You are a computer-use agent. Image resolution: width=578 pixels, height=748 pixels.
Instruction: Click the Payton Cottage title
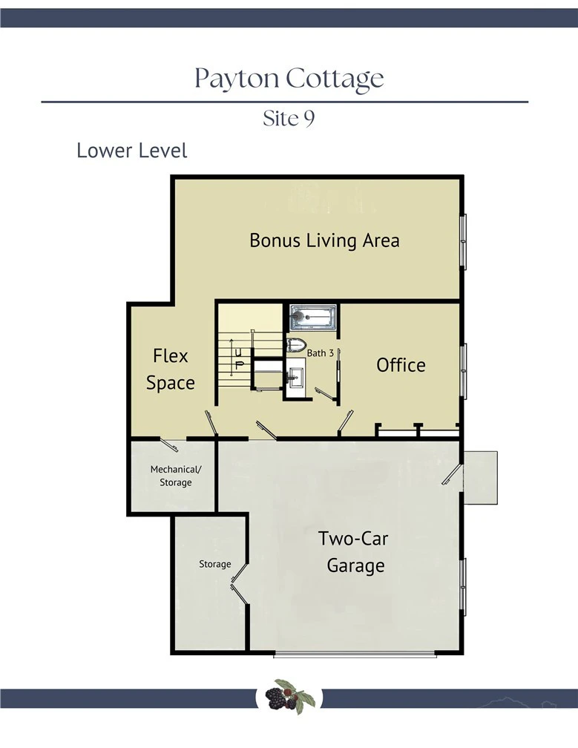(x=289, y=79)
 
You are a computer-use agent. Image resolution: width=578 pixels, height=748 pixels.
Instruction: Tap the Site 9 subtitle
(x=289, y=118)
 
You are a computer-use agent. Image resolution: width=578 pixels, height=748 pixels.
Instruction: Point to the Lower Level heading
(x=131, y=150)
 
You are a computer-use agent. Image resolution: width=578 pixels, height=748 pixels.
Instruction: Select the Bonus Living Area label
(x=324, y=240)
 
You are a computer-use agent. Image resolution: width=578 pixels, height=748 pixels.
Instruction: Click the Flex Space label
(x=170, y=370)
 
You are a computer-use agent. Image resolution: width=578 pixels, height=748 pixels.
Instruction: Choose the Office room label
(x=401, y=365)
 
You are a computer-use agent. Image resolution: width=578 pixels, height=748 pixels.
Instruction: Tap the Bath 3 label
(x=320, y=353)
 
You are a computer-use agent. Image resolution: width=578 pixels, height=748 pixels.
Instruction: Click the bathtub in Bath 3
(x=313, y=317)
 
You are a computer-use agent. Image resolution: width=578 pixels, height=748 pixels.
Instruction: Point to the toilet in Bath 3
(x=296, y=345)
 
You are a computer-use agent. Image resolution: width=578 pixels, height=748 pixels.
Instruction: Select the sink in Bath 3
(x=295, y=377)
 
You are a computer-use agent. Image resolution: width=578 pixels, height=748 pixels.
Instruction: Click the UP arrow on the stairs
(x=231, y=358)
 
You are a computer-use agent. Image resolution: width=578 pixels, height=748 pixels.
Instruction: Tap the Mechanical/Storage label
(x=176, y=476)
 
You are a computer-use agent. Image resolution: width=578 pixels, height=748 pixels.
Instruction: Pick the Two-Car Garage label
(x=353, y=552)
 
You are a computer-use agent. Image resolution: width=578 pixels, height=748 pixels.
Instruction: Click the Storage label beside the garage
(x=214, y=564)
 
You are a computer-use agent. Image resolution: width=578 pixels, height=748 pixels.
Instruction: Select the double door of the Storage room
(x=240, y=585)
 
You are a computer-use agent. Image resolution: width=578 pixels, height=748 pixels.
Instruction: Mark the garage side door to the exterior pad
(x=452, y=474)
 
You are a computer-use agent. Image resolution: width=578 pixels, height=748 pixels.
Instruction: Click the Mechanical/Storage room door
(x=169, y=444)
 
